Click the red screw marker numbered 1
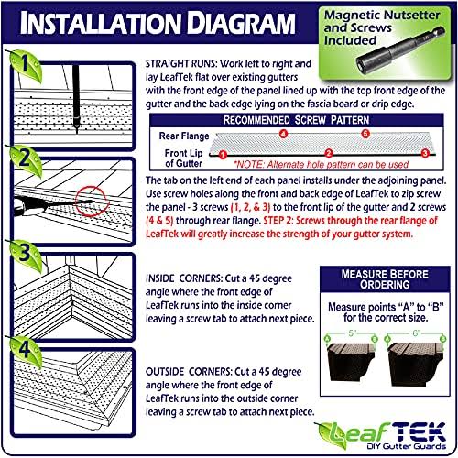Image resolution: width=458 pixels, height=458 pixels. (223, 155)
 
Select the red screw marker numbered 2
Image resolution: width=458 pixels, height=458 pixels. (329, 153)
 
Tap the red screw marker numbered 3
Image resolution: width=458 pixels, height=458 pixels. (425, 153)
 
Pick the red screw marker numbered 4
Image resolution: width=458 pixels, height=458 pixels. (284, 134)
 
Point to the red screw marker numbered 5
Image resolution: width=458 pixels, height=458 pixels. (365, 134)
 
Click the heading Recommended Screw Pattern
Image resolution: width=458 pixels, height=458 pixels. (296, 120)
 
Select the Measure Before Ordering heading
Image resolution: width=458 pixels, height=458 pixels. (385, 279)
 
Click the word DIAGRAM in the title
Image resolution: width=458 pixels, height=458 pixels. (241, 23)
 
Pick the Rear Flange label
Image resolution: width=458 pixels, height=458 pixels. (184, 136)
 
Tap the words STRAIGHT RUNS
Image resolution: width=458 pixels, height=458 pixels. (181, 64)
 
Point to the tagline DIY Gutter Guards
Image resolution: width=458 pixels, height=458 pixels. (406, 446)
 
